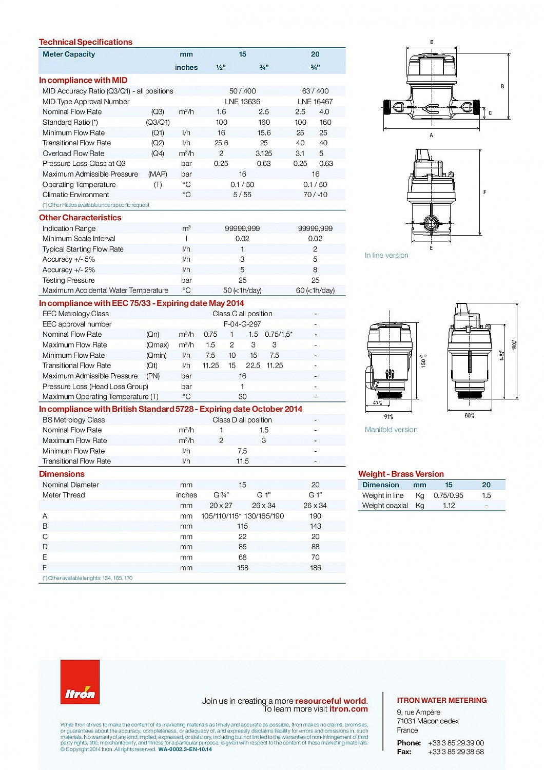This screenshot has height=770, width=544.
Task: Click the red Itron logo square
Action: tap(80, 682)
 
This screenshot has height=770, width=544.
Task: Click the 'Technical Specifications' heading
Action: tap(86, 42)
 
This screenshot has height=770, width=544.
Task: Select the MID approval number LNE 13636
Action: tap(242, 102)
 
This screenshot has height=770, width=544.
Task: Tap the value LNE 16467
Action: tap(315, 102)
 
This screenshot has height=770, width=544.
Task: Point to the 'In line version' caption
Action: tap(386, 255)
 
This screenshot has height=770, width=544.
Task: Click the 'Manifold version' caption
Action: tap(391, 430)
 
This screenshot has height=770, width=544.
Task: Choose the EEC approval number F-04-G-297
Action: tap(242, 324)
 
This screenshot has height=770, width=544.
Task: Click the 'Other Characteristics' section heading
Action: tap(80, 218)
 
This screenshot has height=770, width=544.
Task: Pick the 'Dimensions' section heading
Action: tap(62, 474)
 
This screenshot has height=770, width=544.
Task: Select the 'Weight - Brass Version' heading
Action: tap(401, 474)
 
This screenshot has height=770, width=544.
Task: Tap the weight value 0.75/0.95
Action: tap(448, 495)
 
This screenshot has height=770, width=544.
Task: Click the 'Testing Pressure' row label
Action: tap(69, 280)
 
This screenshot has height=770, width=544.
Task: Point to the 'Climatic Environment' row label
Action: tap(76, 195)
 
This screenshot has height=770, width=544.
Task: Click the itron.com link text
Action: tap(348, 709)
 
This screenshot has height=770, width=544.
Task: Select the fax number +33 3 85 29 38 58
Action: tap(456, 752)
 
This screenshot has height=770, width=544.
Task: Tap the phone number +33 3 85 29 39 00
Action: tap(456, 743)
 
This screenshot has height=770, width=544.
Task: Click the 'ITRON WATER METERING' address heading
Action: tap(441, 700)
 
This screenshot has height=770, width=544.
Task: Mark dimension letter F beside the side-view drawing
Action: tap(484, 192)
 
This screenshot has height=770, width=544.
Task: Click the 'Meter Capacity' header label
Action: tap(69, 54)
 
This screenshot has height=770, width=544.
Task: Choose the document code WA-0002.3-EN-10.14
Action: tap(185, 749)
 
